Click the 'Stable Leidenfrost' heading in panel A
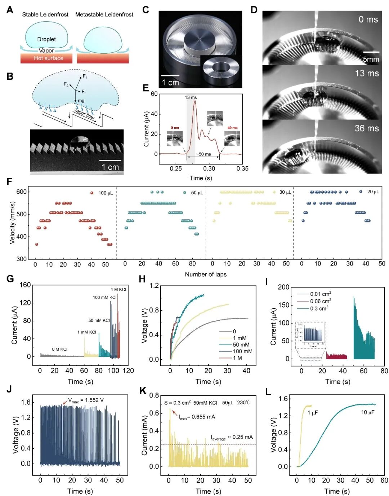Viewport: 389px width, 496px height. pyautogui.click(x=45, y=14)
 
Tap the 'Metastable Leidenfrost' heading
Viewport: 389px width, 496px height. pyautogui.click(x=104, y=14)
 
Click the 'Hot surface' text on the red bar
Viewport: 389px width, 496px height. pyautogui.click(x=48, y=58)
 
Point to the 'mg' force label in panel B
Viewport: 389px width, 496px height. pyautogui.click(x=81, y=101)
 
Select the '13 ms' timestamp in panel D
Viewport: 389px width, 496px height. pyautogui.click(x=367, y=73)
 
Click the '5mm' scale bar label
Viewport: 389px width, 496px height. pyautogui.click(x=371, y=59)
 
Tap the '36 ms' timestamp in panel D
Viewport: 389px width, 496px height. pyautogui.click(x=367, y=128)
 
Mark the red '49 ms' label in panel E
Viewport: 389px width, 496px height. pyautogui.click(x=232, y=128)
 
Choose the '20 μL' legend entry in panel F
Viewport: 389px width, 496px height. pyautogui.click(x=373, y=192)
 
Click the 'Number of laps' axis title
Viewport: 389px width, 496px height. pyautogui.click(x=206, y=274)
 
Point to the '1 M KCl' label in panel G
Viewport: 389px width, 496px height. pyautogui.click(x=118, y=290)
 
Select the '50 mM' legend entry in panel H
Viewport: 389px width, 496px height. pyautogui.click(x=241, y=344)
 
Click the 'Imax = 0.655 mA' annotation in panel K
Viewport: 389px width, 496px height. pyautogui.click(x=197, y=417)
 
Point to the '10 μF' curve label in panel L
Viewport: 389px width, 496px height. pyautogui.click(x=368, y=412)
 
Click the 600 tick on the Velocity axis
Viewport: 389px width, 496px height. pyautogui.click(x=21, y=192)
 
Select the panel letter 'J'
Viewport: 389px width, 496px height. pyautogui.click(x=9, y=389)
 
